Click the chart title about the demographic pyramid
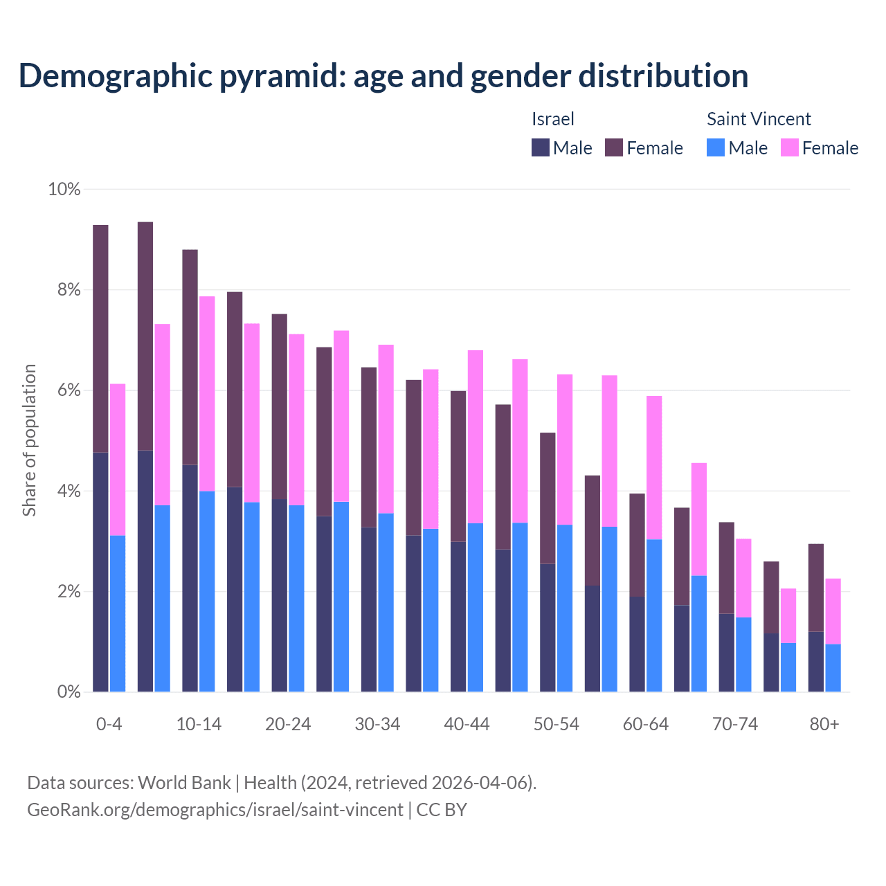[x=383, y=76]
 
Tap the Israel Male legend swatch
[x=541, y=147]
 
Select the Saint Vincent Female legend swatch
[x=789, y=147]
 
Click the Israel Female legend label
[x=654, y=148]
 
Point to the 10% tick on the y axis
[x=64, y=189]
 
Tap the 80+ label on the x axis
[x=824, y=724]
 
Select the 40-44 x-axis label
[x=467, y=724]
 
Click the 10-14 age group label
[x=199, y=724]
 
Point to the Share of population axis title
[x=29, y=440]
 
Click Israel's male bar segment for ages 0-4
[x=100, y=571]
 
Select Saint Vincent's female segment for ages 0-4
[x=118, y=459]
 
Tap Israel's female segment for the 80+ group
[x=816, y=587]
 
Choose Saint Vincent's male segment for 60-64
[x=654, y=615]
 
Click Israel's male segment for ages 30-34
[x=369, y=609]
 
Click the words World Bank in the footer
[x=184, y=783]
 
